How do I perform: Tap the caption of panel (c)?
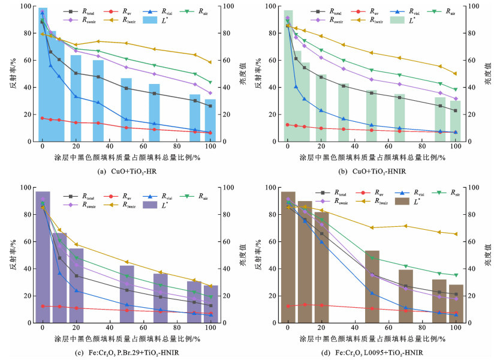click(x=126, y=353)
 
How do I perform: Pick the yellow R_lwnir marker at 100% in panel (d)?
click(x=456, y=234)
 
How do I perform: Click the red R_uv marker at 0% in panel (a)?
click(x=42, y=118)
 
